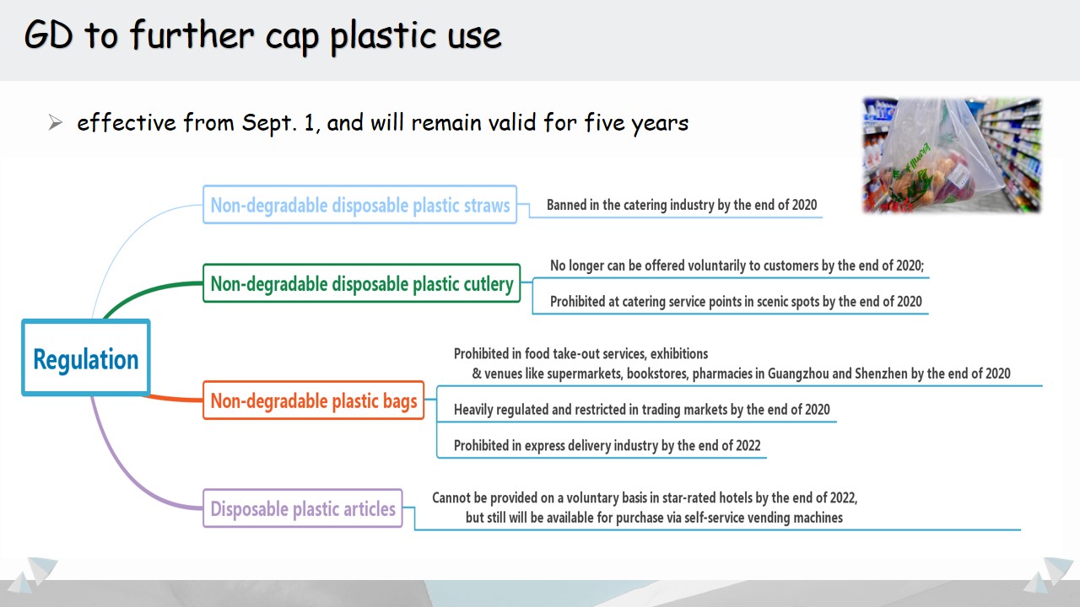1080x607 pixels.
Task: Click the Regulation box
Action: tap(86, 357)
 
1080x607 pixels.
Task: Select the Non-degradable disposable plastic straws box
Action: tap(359, 205)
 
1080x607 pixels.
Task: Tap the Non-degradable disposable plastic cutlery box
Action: tap(362, 283)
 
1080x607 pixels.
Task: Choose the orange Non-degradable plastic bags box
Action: tap(313, 400)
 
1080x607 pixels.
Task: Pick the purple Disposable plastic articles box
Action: tap(303, 508)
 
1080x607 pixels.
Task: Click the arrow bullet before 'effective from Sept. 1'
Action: tap(56, 123)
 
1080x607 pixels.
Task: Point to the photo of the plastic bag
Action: tap(952, 155)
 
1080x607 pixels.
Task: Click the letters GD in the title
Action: tap(49, 35)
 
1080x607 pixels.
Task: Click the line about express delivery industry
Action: tap(607, 446)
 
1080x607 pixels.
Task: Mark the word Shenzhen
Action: tap(881, 373)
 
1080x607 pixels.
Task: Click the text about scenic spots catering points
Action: tap(736, 302)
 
